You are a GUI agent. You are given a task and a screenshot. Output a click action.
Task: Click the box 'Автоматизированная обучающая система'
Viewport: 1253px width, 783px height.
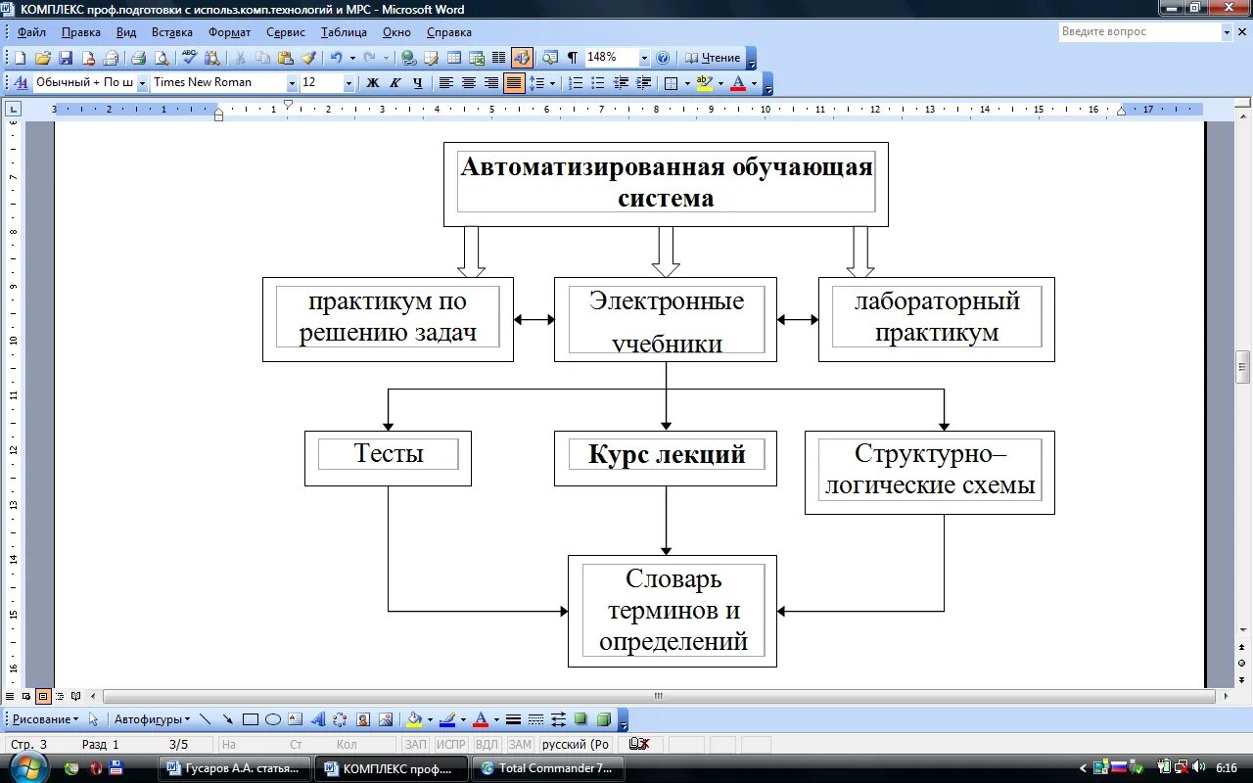click(666, 183)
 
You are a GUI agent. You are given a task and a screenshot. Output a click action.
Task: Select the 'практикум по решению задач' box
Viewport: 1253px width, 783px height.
click(388, 318)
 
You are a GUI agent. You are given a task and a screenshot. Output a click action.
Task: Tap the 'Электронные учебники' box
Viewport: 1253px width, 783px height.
click(666, 319)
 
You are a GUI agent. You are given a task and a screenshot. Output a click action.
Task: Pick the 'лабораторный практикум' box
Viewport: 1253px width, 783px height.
click(936, 318)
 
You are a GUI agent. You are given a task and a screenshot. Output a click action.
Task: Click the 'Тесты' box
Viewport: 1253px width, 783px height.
click(388, 457)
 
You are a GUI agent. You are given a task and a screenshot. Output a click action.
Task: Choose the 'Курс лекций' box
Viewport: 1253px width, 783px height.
click(666, 457)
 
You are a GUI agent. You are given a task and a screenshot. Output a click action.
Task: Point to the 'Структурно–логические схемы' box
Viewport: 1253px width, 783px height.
click(929, 472)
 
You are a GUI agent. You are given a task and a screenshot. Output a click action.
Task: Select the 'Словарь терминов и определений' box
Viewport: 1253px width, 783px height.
click(673, 611)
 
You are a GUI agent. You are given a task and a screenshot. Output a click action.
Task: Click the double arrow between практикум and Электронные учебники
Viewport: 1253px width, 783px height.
click(534, 319)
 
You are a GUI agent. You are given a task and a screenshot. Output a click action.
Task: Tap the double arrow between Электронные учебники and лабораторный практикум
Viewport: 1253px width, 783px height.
click(798, 319)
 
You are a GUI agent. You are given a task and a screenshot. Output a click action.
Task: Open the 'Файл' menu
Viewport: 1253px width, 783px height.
click(31, 32)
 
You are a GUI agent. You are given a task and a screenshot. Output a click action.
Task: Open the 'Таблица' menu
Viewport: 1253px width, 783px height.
click(344, 32)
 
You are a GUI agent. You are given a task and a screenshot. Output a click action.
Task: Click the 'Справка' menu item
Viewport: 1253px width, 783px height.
click(449, 32)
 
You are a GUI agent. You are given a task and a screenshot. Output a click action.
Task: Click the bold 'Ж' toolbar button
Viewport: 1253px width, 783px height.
click(372, 83)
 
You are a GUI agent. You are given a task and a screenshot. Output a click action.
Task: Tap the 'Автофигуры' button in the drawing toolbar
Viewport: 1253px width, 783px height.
click(152, 719)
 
